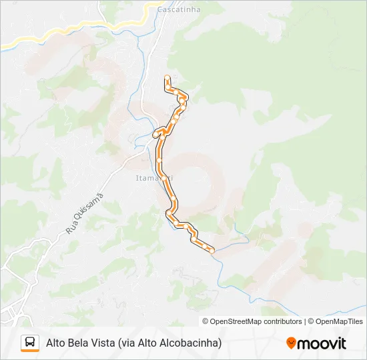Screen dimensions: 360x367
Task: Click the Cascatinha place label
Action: [175, 10]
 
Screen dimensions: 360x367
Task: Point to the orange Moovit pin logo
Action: [291, 343]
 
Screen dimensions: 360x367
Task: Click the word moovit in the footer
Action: [322, 343]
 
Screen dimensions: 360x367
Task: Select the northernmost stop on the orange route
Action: [166, 78]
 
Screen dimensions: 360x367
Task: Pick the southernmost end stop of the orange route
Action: [212, 251]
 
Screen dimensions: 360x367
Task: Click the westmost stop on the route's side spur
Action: [155, 135]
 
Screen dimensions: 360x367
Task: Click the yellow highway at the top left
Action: [40, 37]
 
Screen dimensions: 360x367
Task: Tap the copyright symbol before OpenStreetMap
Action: [206, 321]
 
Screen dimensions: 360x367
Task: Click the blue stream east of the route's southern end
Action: [234, 243]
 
